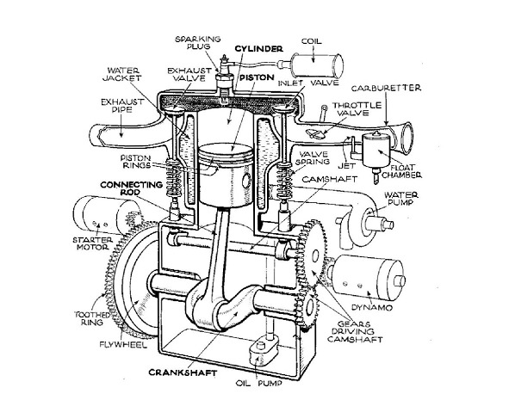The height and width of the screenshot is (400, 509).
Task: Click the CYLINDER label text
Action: pyautogui.click(x=258, y=49)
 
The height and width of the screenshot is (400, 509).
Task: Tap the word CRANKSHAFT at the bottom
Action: pyautogui.click(x=183, y=372)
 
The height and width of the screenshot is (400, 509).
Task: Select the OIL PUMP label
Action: pyautogui.click(x=259, y=383)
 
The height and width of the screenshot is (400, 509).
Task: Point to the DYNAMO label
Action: pyautogui.click(x=372, y=307)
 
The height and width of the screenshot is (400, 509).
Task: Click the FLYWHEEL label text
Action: pyautogui.click(x=124, y=344)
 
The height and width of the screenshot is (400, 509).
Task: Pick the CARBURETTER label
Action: pyautogui.click(x=386, y=88)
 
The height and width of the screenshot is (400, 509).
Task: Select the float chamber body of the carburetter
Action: pyautogui.click(x=377, y=151)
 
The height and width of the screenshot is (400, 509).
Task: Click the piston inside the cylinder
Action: pyautogui.click(x=227, y=175)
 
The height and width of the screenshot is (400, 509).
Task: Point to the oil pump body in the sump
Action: pyautogui.click(x=264, y=351)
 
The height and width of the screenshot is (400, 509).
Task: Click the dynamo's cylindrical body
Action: pyautogui.click(x=368, y=278)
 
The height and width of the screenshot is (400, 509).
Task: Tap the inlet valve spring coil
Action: pyautogui.click(x=284, y=181)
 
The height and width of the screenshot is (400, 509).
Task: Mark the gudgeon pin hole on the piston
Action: pyautogui.click(x=246, y=181)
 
